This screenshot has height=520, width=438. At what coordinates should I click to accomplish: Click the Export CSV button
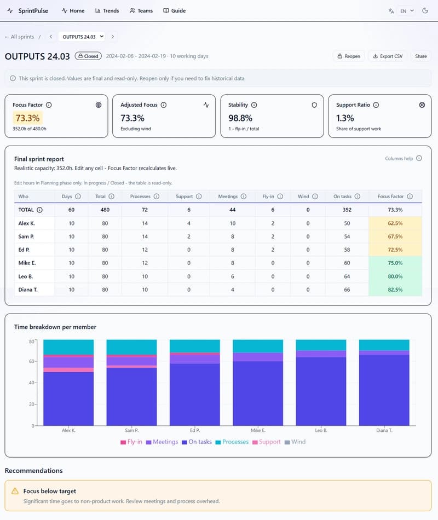(387, 56)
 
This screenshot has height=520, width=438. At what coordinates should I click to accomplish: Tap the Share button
(420, 56)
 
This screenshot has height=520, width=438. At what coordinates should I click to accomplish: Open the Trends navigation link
(107, 10)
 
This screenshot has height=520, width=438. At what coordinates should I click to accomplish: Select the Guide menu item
(174, 10)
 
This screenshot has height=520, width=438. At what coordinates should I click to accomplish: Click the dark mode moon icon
(425, 10)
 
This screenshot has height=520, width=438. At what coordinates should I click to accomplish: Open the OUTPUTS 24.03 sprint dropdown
(83, 37)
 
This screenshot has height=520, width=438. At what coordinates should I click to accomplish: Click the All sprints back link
(19, 37)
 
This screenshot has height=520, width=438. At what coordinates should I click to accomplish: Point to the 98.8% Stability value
(240, 118)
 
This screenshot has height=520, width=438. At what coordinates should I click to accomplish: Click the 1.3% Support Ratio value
(345, 118)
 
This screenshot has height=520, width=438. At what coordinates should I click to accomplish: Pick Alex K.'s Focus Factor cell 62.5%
(395, 223)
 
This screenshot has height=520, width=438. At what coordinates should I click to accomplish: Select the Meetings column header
(227, 197)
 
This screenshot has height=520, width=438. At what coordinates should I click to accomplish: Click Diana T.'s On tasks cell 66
(346, 289)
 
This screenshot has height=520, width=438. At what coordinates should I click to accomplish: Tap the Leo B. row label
(26, 276)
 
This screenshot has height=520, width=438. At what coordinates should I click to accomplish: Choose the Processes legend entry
(232, 442)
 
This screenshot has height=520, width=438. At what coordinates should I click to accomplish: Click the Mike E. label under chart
(258, 431)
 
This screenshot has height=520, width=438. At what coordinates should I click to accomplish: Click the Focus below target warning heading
(50, 491)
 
